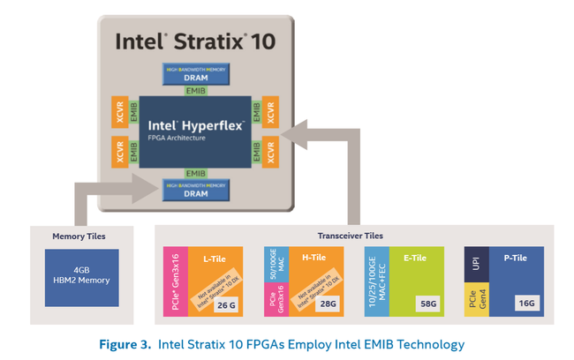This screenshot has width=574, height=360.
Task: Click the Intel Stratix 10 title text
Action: (194, 41)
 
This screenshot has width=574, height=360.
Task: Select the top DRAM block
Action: (195, 73)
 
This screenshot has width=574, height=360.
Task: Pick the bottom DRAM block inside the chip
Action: (195, 189)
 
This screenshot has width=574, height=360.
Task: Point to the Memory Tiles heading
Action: (80, 236)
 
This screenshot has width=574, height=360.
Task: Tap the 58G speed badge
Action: (427, 305)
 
